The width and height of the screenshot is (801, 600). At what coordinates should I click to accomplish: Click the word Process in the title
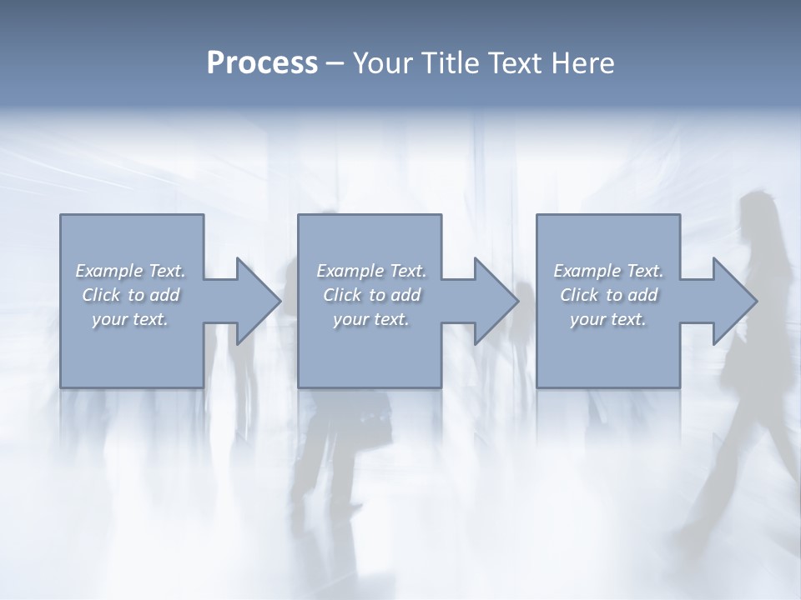[262, 63]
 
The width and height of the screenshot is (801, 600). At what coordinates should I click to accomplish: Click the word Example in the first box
[108, 271]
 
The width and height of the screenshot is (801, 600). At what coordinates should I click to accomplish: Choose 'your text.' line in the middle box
[370, 319]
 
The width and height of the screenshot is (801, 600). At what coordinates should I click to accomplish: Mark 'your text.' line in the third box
[607, 319]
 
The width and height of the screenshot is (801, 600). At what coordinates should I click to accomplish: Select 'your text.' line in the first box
[129, 319]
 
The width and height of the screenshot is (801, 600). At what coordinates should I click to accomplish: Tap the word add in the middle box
[405, 295]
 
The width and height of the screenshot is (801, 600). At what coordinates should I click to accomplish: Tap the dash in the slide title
[335, 63]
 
